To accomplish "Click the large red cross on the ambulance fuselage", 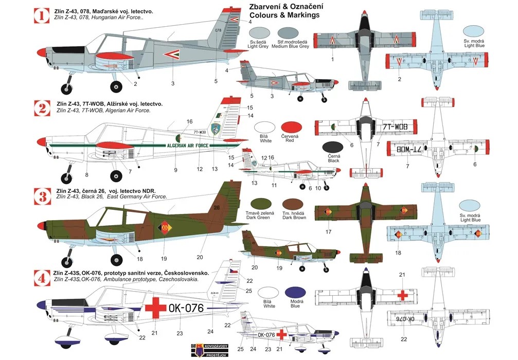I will [153, 308].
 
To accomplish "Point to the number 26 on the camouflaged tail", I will [202, 208].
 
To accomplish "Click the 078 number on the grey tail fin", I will [218, 31].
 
